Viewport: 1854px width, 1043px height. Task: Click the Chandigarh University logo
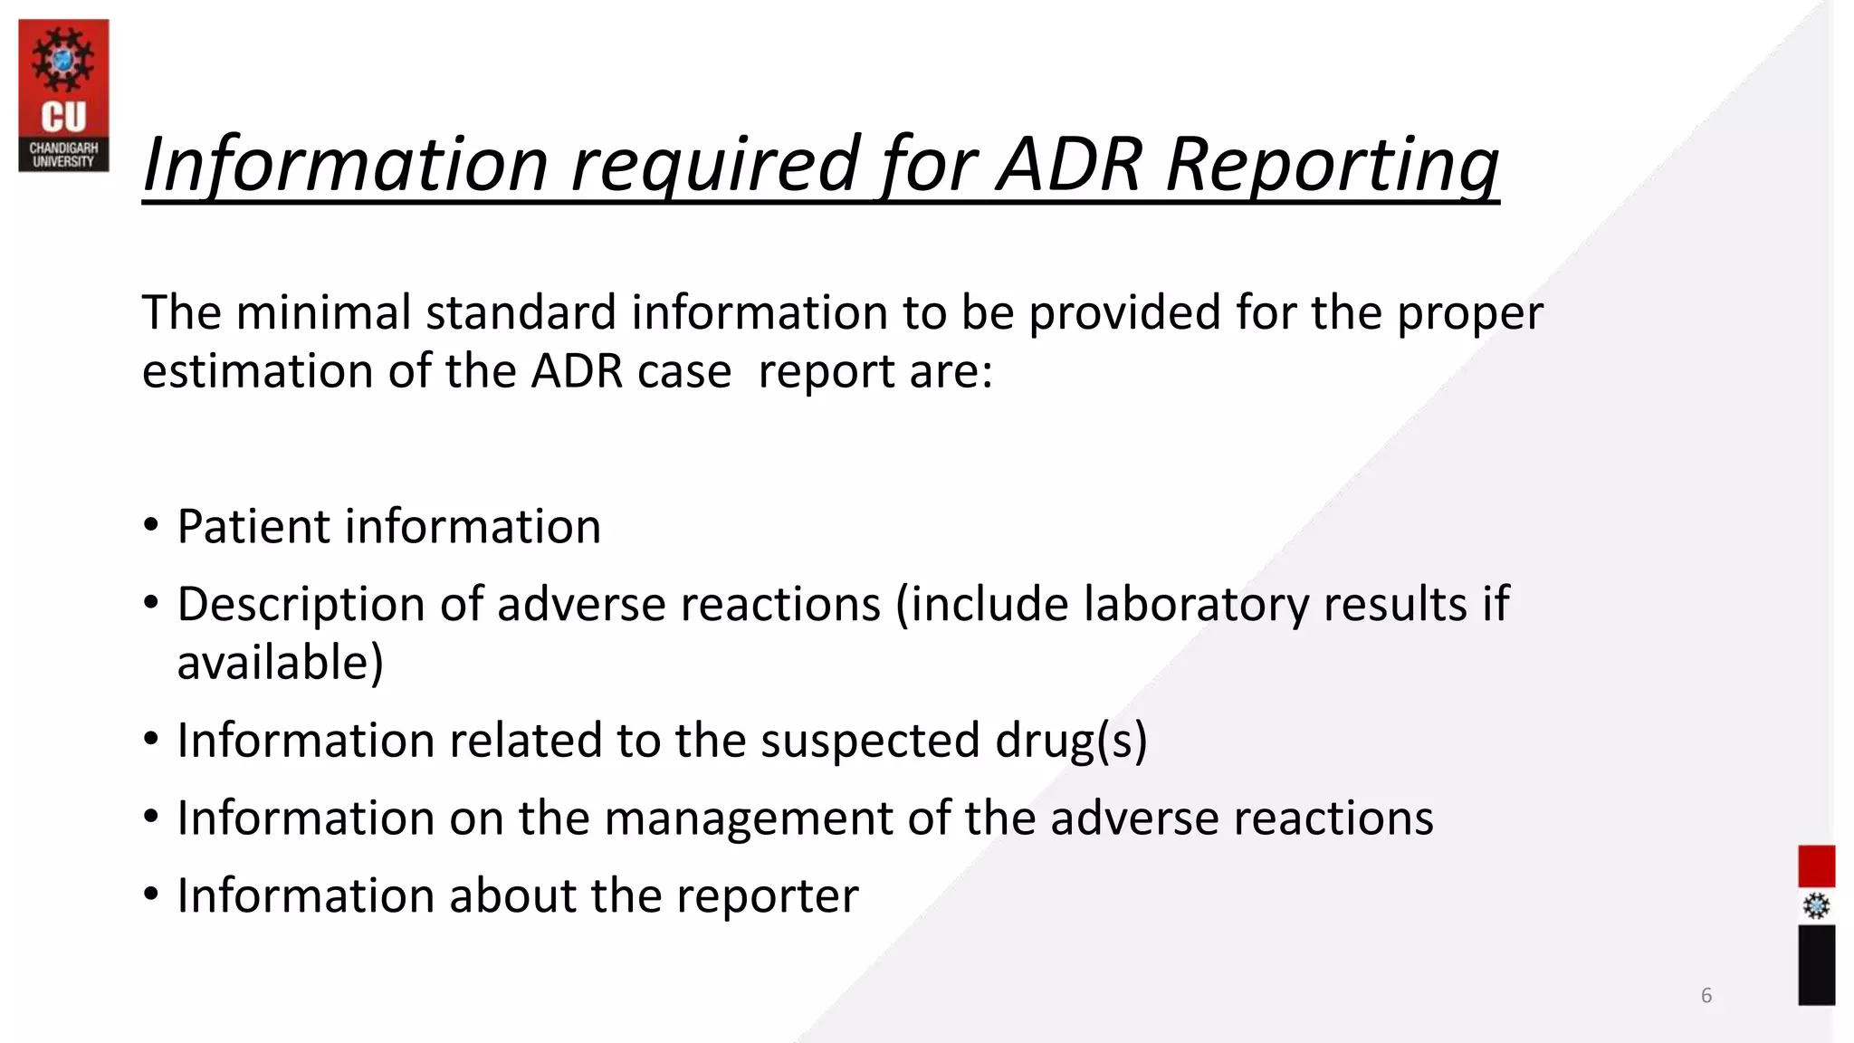63,95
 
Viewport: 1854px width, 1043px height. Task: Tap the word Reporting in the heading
1333,166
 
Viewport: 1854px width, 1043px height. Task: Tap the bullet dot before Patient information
151,526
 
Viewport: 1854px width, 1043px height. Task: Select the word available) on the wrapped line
280,663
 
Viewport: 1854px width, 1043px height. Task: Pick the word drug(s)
1071,741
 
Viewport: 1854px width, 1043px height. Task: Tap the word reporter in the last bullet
767,895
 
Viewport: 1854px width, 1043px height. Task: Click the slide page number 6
1706,995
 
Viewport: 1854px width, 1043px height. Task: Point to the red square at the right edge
1816,866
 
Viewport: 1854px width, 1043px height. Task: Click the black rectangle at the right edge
1816,964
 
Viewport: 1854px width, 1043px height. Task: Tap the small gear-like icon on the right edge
1816,906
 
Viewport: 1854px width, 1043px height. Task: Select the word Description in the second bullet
301,604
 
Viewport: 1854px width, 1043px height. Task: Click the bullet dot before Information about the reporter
151,895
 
